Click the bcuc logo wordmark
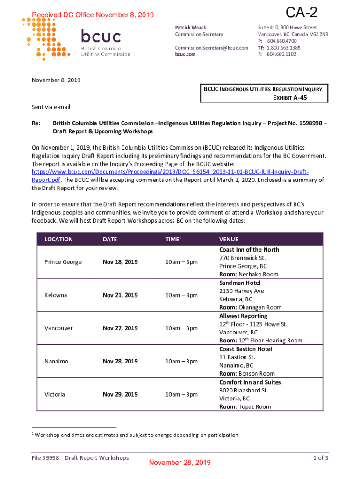click(x=101, y=36)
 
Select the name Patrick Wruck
click(x=190, y=28)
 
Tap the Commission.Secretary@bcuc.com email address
click(x=211, y=48)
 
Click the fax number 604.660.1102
click(x=281, y=54)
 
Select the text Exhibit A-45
click(x=290, y=97)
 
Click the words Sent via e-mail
click(x=51, y=107)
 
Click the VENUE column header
click(x=229, y=239)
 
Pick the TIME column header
click(x=173, y=239)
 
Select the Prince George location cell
click(x=63, y=262)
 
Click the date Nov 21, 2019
click(x=120, y=295)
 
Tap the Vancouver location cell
click(x=58, y=328)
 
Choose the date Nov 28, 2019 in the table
click(x=120, y=361)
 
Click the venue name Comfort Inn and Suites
click(x=250, y=382)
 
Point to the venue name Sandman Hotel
click(x=240, y=283)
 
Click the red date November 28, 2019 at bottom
click(x=180, y=463)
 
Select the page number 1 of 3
click(x=320, y=458)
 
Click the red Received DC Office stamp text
click(x=93, y=15)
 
